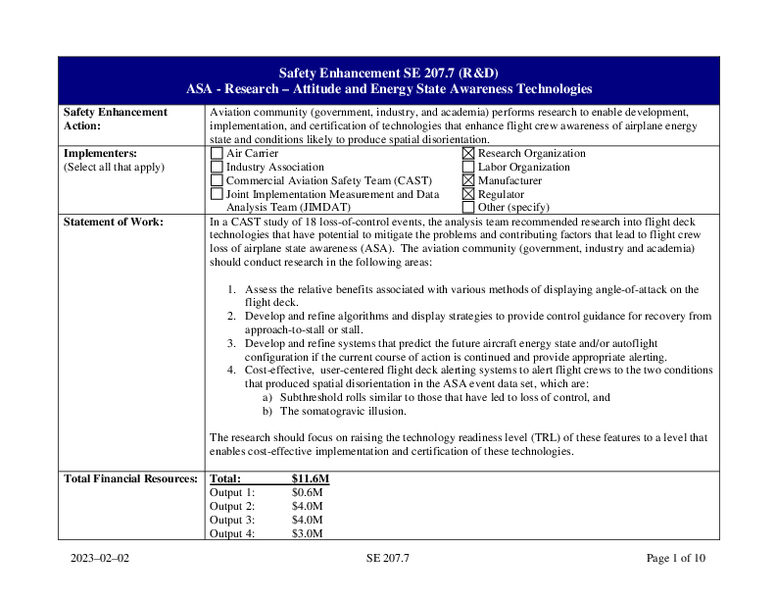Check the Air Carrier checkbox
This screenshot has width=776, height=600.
217,154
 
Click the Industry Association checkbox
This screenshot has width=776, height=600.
217,168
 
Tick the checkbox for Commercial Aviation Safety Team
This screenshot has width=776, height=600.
217,181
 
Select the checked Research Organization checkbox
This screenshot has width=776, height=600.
468,154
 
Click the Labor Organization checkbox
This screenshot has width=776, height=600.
468,168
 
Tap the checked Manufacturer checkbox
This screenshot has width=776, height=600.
468,181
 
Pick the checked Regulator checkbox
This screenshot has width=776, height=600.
468,195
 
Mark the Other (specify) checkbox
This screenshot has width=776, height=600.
468,208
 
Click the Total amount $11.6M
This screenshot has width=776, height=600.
310,478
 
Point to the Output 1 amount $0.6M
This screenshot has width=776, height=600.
307,492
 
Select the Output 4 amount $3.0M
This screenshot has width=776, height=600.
307,533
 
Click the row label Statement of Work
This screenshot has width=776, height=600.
113,223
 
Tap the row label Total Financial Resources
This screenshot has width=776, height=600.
130,478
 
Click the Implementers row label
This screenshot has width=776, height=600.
100,154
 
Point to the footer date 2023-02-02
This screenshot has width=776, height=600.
99,559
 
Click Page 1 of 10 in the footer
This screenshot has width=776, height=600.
675,559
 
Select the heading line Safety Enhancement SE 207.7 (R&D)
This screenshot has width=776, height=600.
388,74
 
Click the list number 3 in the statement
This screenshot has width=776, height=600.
231,345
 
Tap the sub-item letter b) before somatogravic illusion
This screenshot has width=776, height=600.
267,412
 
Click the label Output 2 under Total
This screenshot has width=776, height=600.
232,506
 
